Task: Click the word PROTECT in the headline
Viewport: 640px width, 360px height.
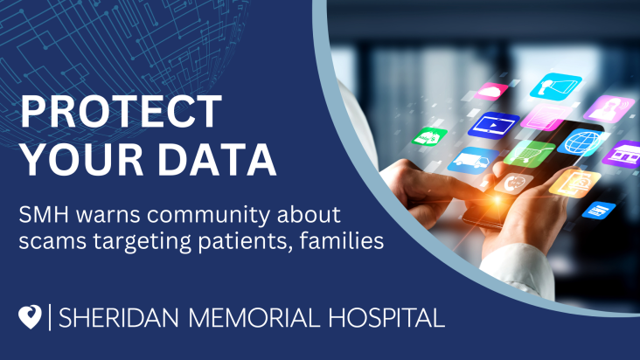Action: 122,111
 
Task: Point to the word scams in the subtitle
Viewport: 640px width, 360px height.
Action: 52,241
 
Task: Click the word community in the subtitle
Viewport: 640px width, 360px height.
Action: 209,216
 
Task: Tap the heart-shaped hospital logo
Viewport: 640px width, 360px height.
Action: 31,317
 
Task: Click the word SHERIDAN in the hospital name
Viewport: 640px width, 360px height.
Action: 119,318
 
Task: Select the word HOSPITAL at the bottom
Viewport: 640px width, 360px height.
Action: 386,318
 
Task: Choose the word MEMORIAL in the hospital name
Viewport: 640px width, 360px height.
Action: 254,318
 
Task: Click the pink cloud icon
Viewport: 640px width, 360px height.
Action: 491,92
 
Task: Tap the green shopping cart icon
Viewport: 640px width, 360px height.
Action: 529,154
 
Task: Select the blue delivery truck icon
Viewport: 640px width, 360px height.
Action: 473,160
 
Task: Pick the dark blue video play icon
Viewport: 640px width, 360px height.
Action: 493,125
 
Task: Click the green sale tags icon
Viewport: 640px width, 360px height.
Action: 429,136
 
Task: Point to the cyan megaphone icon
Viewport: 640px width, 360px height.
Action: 555,87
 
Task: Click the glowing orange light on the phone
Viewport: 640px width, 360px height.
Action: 497,200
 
